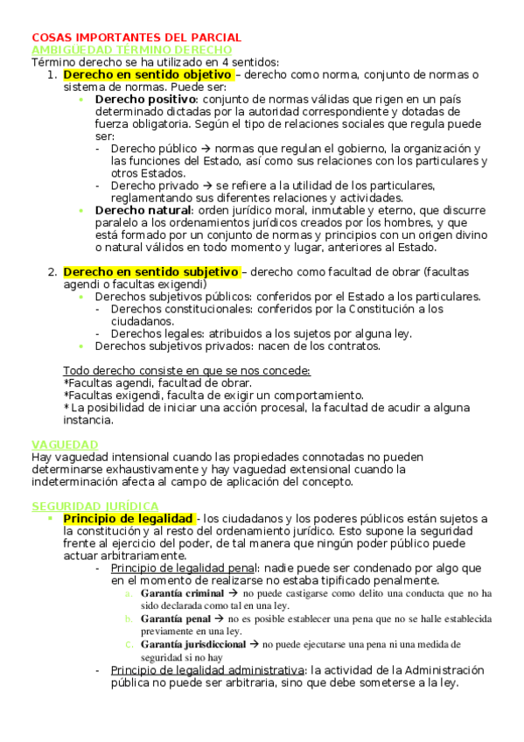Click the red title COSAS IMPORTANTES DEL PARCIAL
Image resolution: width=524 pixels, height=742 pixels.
[x=136, y=38]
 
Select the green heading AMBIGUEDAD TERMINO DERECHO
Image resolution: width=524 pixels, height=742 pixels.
[x=131, y=51]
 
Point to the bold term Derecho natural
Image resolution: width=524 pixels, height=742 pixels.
[x=143, y=210]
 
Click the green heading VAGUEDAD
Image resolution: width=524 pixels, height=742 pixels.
[x=65, y=444]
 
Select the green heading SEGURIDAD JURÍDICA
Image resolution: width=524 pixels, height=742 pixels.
[x=94, y=506]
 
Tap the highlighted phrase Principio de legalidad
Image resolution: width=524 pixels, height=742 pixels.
[x=128, y=519]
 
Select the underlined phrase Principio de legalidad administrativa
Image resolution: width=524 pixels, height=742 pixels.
[x=206, y=669]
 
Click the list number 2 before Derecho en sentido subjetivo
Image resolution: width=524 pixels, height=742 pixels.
[x=52, y=272]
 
